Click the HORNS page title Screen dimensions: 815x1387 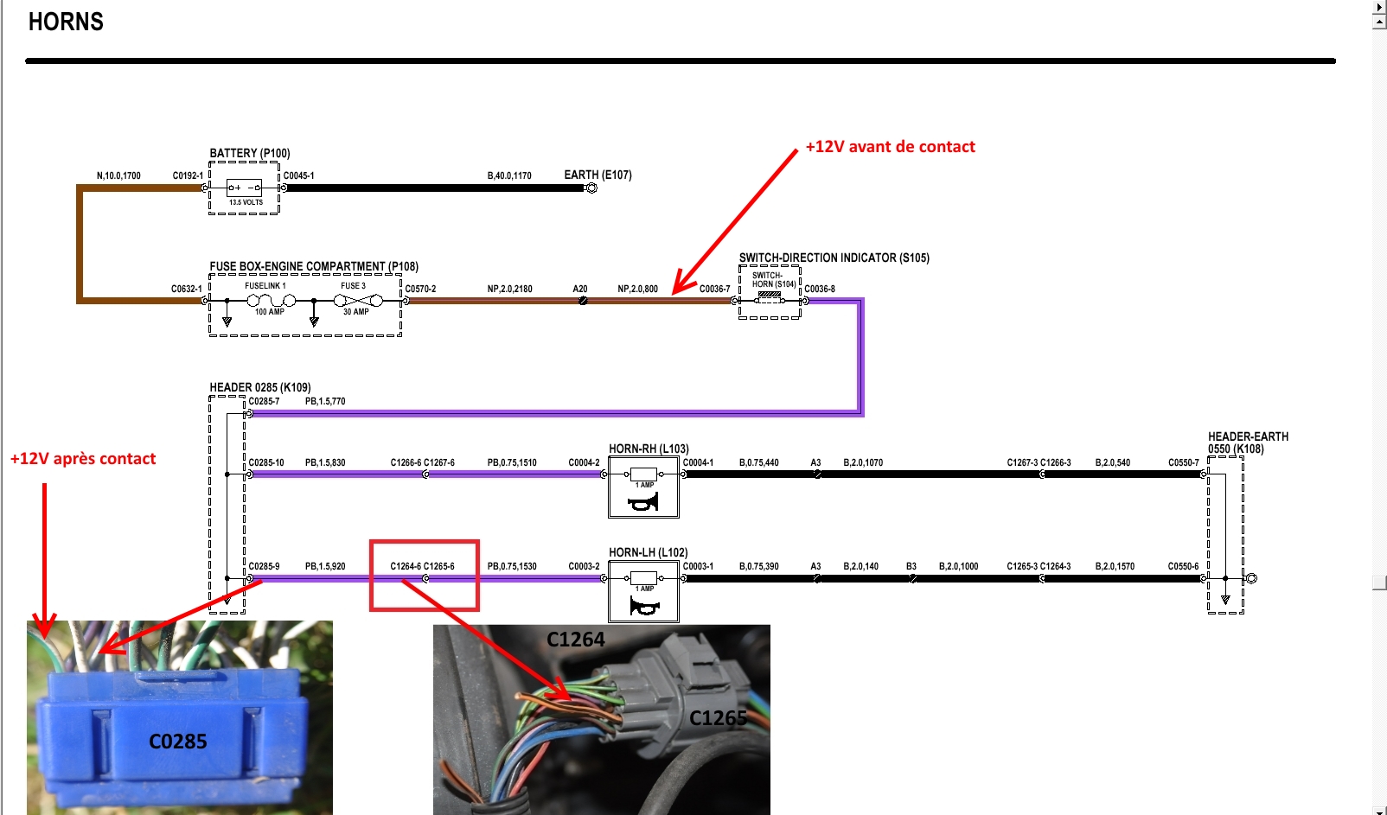(66, 22)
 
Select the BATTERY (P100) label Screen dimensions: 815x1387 (249, 154)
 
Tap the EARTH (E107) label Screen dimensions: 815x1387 (598, 175)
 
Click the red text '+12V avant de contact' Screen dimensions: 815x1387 (890, 147)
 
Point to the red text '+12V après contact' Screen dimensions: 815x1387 (83, 459)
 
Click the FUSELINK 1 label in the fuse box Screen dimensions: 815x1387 (265, 286)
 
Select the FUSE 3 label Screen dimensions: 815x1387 (353, 286)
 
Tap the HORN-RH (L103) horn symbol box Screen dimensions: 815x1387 (643, 487)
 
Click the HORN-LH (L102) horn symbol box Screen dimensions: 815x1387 (643, 591)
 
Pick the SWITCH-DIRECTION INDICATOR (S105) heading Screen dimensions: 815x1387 (834, 258)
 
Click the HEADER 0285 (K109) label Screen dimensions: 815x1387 (259, 387)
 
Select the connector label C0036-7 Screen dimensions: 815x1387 (714, 289)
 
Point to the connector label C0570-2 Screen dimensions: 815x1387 (420, 289)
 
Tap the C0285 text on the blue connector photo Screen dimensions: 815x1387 (178, 742)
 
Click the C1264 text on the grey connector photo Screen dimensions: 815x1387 (576, 640)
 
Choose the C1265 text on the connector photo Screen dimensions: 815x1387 (718, 718)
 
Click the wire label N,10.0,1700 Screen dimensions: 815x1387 (118, 175)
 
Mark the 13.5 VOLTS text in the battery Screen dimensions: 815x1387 (246, 202)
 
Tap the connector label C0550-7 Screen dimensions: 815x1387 (1183, 462)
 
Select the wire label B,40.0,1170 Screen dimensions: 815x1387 (509, 175)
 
